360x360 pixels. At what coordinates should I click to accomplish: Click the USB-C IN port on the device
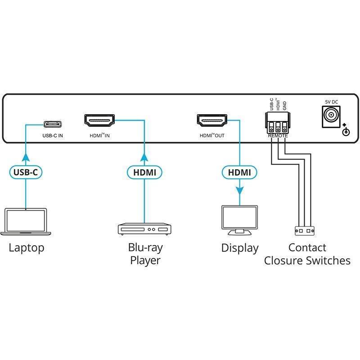pyautogui.click(x=53, y=124)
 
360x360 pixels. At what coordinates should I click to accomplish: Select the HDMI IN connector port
pyautogui.click(x=99, y=121)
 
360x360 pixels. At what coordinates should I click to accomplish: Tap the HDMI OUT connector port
pyautogui.click(x=212, y=121)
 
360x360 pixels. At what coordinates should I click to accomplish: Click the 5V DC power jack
pyautogui.click(x=331, y=117)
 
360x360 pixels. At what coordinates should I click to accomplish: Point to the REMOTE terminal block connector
pyautogui.click(x=278, y=123)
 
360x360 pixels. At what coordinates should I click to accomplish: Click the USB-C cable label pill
pyautogui.click(x=26, y=172)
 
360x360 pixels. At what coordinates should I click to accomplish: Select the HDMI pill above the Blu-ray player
pyautogui.click(x=144, y=172)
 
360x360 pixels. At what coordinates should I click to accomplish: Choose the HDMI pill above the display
pyautogui.click(x=239, y=172)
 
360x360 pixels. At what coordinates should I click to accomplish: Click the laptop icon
pyautogui.click(x=26, y=222)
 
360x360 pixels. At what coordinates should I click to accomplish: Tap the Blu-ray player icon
pyautogui.click(x=144, y=229)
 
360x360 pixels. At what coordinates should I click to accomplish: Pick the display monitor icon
pyautogui.click(x=240, y=220)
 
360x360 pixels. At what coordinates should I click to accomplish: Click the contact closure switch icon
pyautogui.click(x=305, y=230)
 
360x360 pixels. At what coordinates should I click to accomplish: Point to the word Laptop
pyautogui.click(x=27, y=248)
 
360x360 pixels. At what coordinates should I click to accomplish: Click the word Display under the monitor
pyautogui.click(x=240, y=248)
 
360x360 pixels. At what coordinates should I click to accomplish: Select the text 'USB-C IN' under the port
pyautogui.click(x=53, y=136)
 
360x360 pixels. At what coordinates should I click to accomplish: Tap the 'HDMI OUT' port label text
pyautogui.click(x=212, y=136)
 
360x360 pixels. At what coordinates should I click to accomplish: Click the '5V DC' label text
pyautogui.click(x=332, y=102)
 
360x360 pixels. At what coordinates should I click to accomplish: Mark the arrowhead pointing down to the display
pyautogui.click(x=240, y=190)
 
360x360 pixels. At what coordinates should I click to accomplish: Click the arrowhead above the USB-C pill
pyautogui.click(x=26, y=158)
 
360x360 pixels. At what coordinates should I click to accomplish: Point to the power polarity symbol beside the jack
pyautogui.click(x=346, y=130)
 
